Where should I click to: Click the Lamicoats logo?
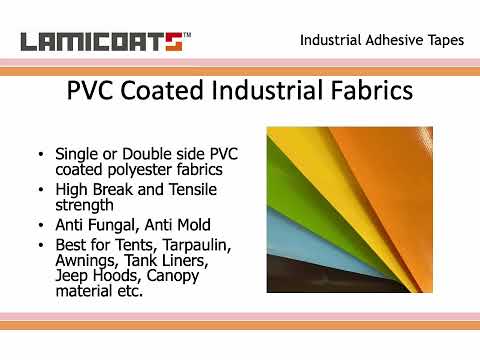coord(100,42)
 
